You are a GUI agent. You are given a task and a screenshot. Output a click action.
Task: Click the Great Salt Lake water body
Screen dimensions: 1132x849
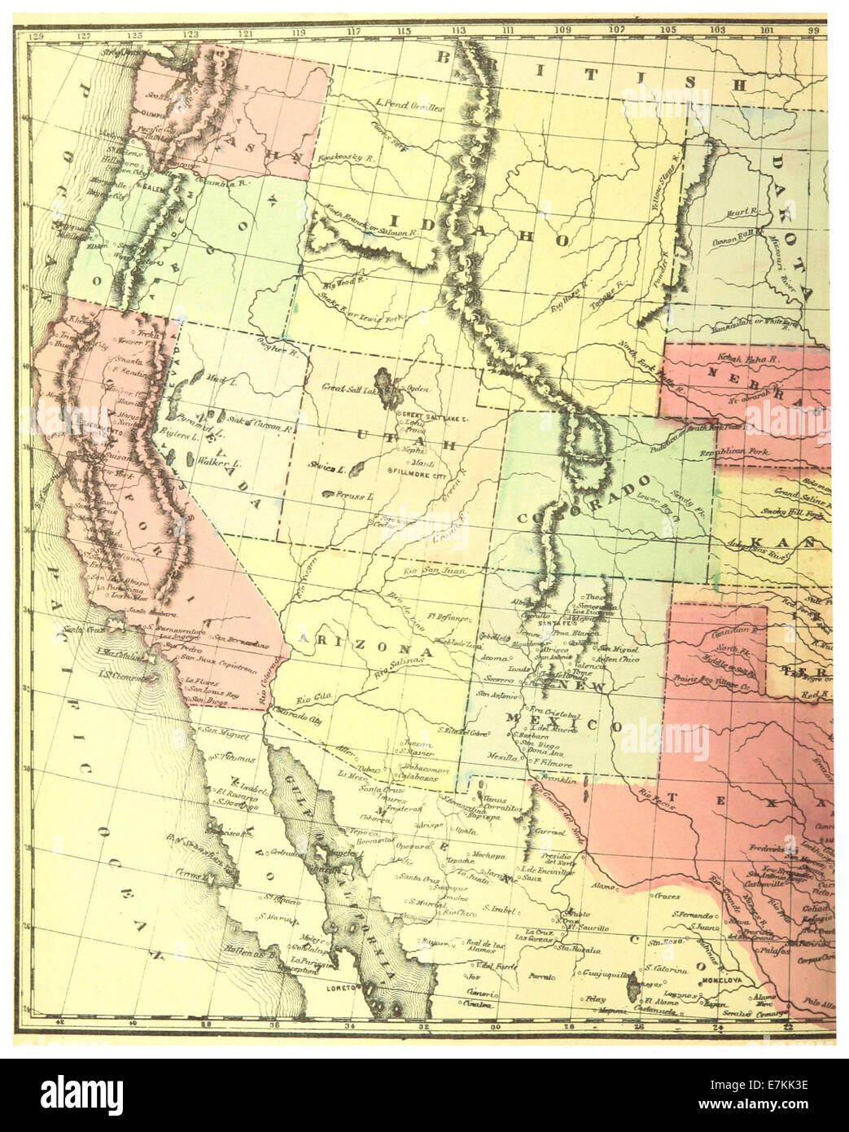[x=388, y=388]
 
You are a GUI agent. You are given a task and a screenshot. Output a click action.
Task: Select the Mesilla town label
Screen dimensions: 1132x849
[x=501, y=757]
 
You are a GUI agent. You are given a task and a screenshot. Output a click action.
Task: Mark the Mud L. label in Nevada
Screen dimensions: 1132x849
[x=217, y=380]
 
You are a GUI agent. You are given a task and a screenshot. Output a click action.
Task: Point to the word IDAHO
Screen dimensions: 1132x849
[x=474, y=230]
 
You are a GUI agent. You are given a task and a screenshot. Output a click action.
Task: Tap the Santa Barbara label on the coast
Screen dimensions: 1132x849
[x=124, y=610]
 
